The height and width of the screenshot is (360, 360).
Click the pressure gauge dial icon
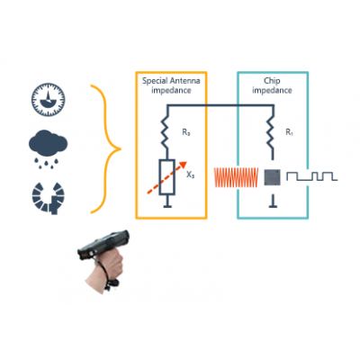pos(49,100)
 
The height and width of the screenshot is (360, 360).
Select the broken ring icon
pos(49,198)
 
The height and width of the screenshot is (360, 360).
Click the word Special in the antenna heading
pos(155,81)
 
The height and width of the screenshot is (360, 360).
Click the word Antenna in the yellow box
pos(184,81)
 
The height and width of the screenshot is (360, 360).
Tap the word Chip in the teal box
pos(272,81)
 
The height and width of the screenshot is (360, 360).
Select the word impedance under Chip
pos(272,90)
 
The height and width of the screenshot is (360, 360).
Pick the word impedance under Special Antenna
pos(171,90)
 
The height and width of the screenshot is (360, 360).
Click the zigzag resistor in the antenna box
pos(165,133)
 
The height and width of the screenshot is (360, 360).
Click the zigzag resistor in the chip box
pos(271,133)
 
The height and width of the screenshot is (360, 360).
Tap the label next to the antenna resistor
pos(186,132)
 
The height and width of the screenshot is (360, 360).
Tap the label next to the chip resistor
pos(289,132)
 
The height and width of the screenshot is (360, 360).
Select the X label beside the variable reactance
pos(191,175)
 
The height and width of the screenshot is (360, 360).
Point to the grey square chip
pos(273,177)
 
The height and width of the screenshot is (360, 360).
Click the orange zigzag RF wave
pos(236,177)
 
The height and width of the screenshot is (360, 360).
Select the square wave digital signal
pos(312,176)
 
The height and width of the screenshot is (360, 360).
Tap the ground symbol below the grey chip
pos(273,202)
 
